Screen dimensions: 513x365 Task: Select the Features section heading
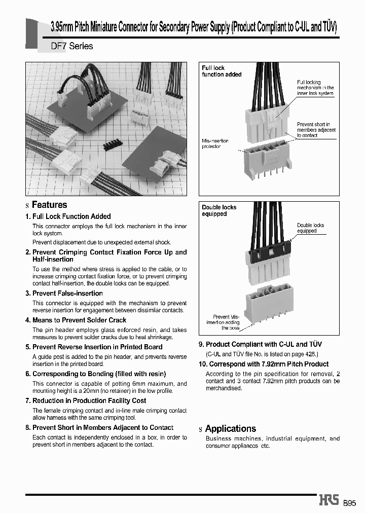coord(49,205)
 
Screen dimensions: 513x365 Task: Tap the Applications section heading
coord(231,428)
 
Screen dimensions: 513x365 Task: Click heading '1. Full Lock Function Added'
coord(68,216)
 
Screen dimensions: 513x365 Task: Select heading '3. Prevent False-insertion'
coord(64,294)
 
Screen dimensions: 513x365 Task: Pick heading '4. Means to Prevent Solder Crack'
coord(76,320)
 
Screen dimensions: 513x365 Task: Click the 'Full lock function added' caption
coord(222,71)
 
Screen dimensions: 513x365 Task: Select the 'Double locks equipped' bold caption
coord(219,210)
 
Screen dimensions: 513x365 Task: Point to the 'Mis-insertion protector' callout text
coord(215,143)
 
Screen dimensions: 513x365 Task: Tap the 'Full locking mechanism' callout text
coord(315,88)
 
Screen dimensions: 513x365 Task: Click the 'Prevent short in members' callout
coord(316,130)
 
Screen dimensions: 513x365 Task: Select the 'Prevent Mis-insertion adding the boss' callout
coord(223,322)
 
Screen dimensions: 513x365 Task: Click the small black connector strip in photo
coord(115,144)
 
